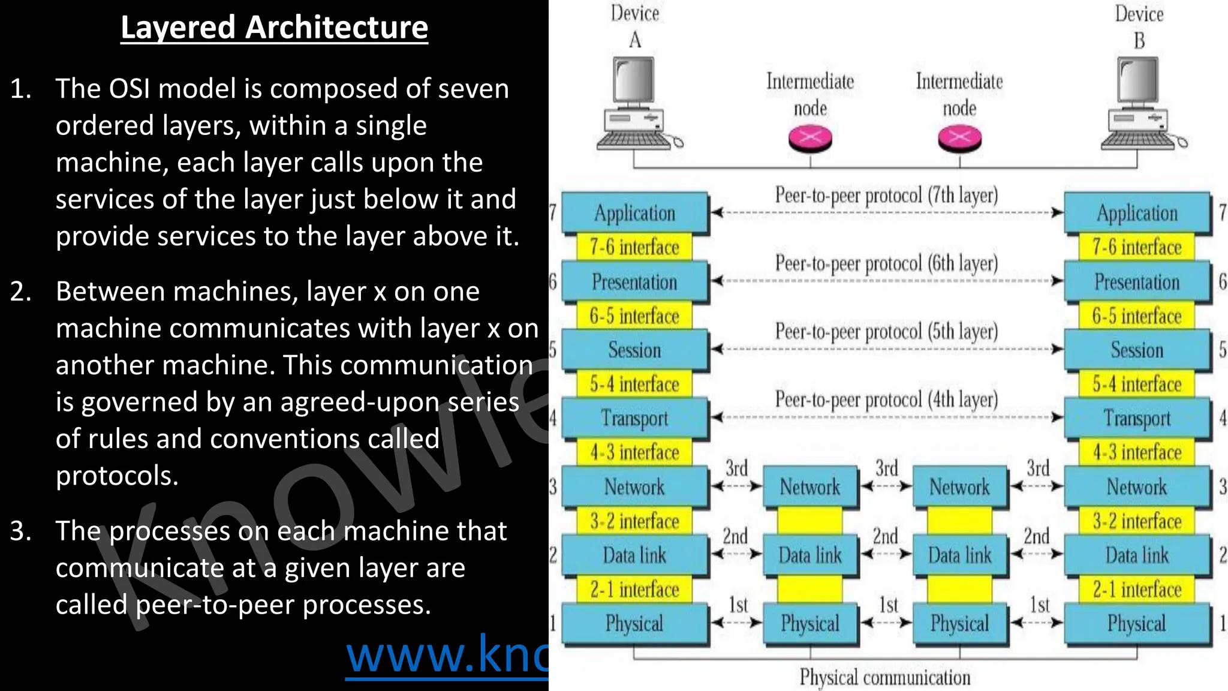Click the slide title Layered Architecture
tap(274, 28)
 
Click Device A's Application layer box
tap(634, 213)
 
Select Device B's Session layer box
tap(1137, 350)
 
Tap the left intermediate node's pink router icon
tap(810, 139)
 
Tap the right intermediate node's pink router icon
tap(959, 139)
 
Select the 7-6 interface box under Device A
tap(634, 247)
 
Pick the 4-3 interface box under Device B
tap(1137, 452)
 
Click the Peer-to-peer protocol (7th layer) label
tap(886, 196)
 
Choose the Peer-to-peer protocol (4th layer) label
tap(886, 400)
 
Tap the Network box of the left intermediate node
tap(810, 487)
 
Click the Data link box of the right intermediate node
tap(959, 555)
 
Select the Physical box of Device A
tap(634, 624)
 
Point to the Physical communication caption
tap(884, 678)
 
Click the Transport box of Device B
tap(1137, 418)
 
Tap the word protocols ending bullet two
tap(117, 476)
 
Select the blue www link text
tap(447, 656)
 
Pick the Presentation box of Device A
tap(634, 282)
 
